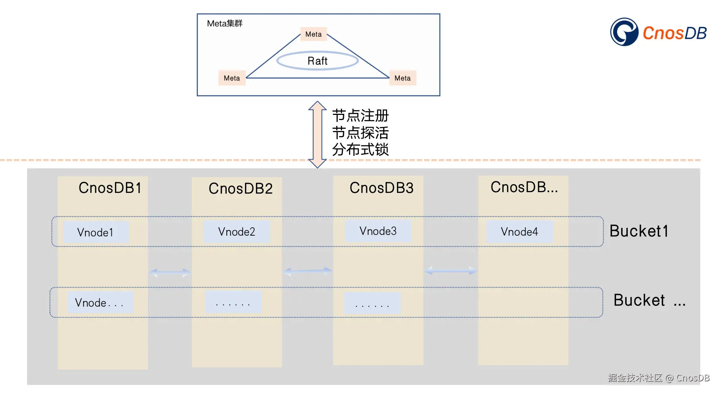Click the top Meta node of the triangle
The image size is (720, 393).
[313, 34]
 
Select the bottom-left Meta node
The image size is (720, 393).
[232, 78]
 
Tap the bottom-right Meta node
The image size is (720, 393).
[402, 78]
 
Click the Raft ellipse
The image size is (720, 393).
[317, 61]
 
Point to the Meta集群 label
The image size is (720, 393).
[224, 23]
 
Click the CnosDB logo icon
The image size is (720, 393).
[624, 32]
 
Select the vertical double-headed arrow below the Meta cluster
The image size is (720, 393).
[318, 134]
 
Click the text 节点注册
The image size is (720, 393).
[360, 116]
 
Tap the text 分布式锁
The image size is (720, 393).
[360, 150]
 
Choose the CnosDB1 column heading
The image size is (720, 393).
[110, 188]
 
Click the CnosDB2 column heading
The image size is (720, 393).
[241, 188]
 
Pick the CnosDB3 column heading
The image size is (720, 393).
[382, 188]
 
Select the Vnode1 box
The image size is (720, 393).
[96, 232]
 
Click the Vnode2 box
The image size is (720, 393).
[237, 232]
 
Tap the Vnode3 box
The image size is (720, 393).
[378, 231]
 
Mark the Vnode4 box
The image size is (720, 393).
[519, 232]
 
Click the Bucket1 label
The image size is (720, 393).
[639, 231]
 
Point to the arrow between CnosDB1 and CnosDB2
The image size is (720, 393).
[170, 272]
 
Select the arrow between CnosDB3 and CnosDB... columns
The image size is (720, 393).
[450, 271]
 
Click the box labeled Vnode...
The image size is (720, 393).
[100, 303]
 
